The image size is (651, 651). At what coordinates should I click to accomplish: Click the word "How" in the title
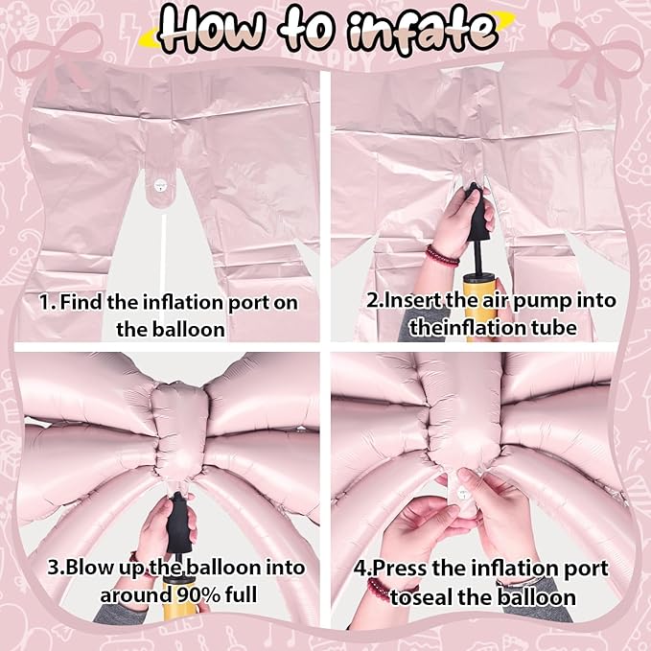(x=213, y=28)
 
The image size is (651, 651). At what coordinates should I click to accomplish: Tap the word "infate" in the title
(x=422, y=30)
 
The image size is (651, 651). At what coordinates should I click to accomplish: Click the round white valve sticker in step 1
(x=159, y=185)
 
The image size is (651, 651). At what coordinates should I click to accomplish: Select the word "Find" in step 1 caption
(x=81, y=302)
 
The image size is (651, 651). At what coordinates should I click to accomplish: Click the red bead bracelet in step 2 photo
(x=442, y=255)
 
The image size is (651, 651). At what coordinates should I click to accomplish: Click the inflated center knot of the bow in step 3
(x=179, y=430)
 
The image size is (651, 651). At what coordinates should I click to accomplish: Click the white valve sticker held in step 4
(x=462, y=494)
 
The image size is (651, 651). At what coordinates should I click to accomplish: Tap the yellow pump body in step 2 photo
(x=477, y=303)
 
